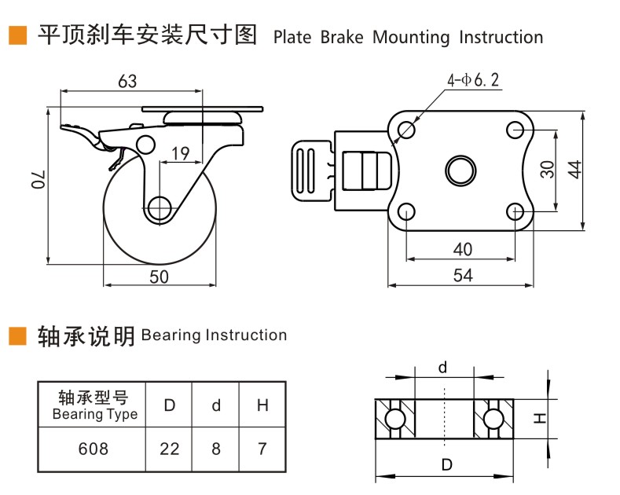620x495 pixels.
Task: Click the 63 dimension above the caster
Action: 127,81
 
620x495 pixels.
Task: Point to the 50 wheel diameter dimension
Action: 160,276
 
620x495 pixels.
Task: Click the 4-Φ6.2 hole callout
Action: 473,80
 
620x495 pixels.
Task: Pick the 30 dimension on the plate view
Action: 548,168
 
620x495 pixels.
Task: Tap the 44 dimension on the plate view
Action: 574,169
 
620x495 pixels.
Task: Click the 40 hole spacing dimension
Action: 463,249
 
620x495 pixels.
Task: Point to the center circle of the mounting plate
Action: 460,169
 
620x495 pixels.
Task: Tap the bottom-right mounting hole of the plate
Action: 515,211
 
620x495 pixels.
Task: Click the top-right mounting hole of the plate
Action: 515,128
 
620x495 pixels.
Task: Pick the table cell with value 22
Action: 169,449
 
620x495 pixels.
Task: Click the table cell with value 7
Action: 262,449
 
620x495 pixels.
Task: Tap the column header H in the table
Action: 262,405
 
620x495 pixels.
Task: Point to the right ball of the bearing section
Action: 493,417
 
